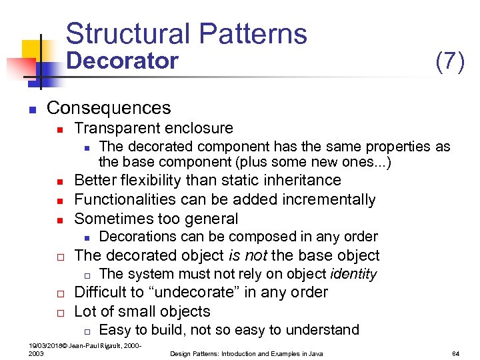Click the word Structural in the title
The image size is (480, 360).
click(x=127, y=34)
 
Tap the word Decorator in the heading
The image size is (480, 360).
click(x=123, y=61)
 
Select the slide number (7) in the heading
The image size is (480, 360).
click(x=449, y=61)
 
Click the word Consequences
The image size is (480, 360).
click(x=109, y=108)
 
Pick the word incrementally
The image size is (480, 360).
click(x=327, y=199)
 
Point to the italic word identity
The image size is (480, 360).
click(x=351, y=274)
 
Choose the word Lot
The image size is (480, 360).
click(x=85, y=311)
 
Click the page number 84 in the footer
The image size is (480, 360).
click(x=457, y=353)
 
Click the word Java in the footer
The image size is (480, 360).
click(x=315, y=353)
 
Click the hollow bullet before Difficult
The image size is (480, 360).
click(x=59, y=293)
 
